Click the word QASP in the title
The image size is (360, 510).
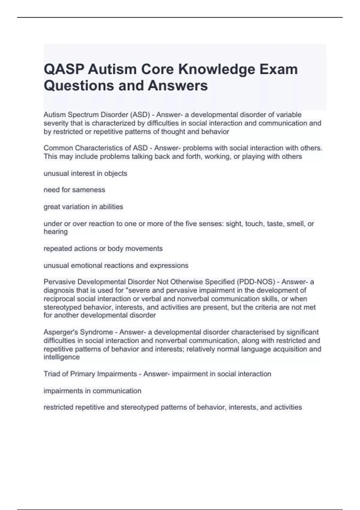63,69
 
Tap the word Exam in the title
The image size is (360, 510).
279,69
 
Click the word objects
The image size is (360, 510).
115,173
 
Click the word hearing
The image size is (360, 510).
55,232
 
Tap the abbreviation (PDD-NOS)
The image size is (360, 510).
256,282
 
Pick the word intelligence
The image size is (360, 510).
61,357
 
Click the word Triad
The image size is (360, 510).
52,374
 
